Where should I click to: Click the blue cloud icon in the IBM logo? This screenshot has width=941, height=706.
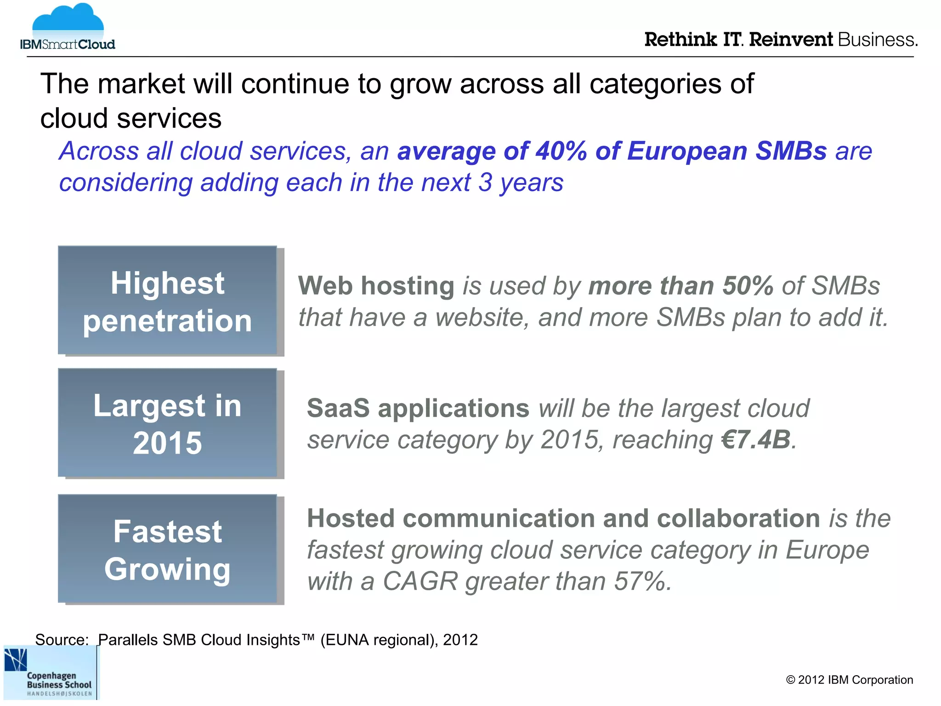point(68,21)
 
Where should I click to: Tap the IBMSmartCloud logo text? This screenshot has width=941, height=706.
point(68,45)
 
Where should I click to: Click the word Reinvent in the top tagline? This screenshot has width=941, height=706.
point(790,40)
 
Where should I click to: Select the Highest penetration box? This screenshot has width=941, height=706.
point(167,301)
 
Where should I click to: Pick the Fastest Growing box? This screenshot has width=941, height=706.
point(167,549)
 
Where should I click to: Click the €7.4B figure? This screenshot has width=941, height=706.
point(756,439)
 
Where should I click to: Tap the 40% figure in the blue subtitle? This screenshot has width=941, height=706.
point(561,151)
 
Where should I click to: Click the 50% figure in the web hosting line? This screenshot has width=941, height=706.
point(748,285)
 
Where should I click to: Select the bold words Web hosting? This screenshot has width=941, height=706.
point(376,285)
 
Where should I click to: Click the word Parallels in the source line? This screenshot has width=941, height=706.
point(128,640)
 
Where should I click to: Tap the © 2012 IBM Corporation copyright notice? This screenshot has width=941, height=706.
point(849,680)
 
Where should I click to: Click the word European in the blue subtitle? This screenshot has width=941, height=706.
point(687,151)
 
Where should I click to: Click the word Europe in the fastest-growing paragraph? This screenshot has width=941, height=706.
point(827,550)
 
